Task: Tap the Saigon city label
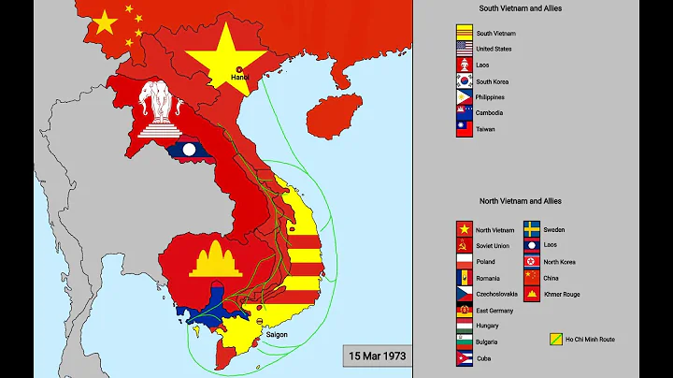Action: click(278, 334)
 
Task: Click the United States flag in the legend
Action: click(464, 50)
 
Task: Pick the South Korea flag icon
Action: click(464, 81)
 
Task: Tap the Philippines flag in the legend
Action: click(464, 97)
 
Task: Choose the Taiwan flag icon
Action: click(464, 130)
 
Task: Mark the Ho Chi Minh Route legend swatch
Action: click(556, 340)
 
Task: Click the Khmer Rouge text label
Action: click(560, 294)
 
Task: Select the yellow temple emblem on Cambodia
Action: click(215, 256)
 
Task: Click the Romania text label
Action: click(489, 278)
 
